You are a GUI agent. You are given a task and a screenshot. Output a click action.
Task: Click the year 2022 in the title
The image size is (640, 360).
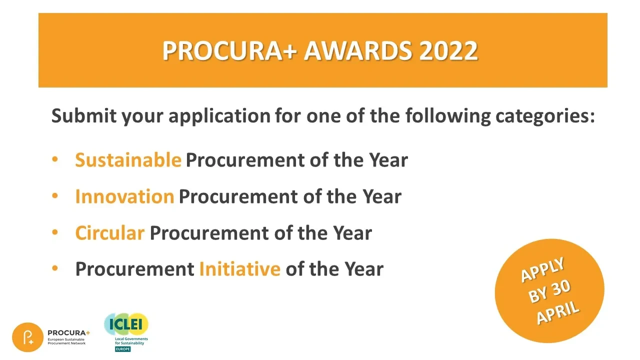[x=448, y=51]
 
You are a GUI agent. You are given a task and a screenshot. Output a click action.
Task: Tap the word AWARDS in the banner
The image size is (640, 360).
[x=358, y=51]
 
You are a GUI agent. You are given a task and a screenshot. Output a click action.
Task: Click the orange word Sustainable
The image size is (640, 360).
[x=128, y=160]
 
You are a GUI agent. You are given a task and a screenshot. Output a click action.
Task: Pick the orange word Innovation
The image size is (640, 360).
[x=124, y=196]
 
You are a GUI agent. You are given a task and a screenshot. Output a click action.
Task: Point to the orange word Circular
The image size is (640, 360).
[x=109, y=233]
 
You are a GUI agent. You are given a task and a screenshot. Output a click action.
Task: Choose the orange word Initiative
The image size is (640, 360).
[x=239, y=269]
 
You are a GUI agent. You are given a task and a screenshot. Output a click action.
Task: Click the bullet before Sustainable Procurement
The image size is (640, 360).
[x=55, y=159]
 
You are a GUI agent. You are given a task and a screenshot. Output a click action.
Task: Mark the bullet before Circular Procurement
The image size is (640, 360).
[x=55, y=232]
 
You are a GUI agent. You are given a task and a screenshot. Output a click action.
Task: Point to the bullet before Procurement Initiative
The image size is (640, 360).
[x=55, y=268]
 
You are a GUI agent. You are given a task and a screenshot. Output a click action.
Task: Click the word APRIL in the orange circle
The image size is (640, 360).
[x=558, y=313]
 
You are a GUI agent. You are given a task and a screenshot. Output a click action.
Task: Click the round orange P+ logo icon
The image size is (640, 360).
[x=27, y=337]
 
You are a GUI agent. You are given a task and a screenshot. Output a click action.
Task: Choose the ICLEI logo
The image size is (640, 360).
[x=126, y=325]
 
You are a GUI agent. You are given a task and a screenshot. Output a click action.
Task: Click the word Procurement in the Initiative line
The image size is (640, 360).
[x=134, y=269]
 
